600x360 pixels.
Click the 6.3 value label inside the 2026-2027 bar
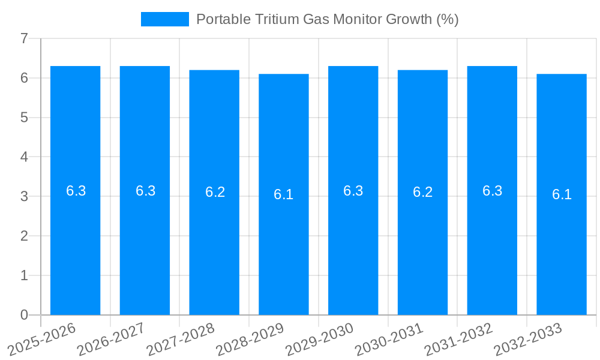point(145,191)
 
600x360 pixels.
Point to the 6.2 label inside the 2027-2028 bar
point(215,192)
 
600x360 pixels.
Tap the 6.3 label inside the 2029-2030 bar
point(353,191)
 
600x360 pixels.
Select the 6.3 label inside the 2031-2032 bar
point(492,191)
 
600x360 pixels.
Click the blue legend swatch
point(164,19)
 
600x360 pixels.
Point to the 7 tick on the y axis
point(24,39)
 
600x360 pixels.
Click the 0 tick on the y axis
point(24,315)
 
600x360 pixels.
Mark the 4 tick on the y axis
point(24,157)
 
